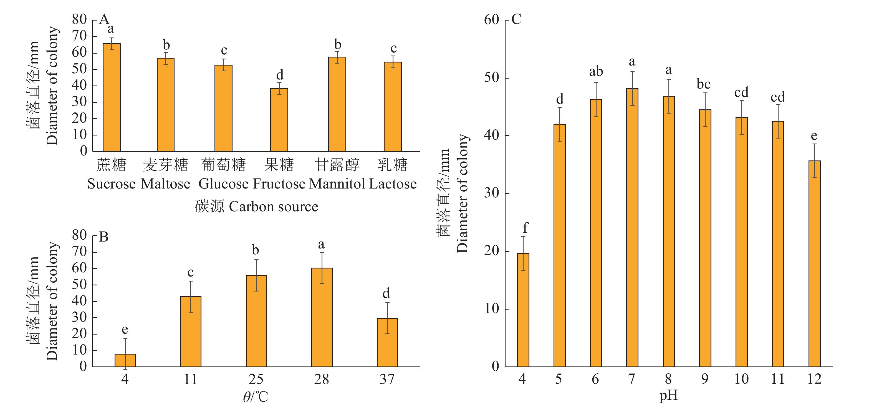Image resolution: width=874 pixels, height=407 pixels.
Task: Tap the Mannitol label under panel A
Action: point(337,184)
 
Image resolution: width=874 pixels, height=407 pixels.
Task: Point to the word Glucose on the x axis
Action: point(223,184)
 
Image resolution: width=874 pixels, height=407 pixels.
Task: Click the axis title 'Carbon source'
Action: point(274,206)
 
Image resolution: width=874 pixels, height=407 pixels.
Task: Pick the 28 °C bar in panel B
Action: point(322,317)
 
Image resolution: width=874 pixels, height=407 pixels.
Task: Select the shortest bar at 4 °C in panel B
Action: point(125,360)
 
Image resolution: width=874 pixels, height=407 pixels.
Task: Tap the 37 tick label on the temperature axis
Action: point(387,379)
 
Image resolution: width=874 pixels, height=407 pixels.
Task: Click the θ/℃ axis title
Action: point(256,396)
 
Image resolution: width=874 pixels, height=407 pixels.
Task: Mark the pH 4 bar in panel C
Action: point(523,310)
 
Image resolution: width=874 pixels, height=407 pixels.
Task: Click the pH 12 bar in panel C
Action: point(815,264)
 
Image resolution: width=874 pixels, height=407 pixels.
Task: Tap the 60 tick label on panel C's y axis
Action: point(492,20)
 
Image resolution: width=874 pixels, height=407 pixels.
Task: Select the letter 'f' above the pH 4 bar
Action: point(526,227)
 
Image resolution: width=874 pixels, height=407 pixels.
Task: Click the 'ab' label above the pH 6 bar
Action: point(596,72)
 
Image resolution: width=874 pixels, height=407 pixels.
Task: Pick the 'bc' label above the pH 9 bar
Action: point(704,84)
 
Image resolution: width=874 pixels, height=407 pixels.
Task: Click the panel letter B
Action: point(104,237)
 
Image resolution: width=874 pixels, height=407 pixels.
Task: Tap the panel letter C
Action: point(516,19)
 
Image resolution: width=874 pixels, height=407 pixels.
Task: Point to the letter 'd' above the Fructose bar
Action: point(280,75)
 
